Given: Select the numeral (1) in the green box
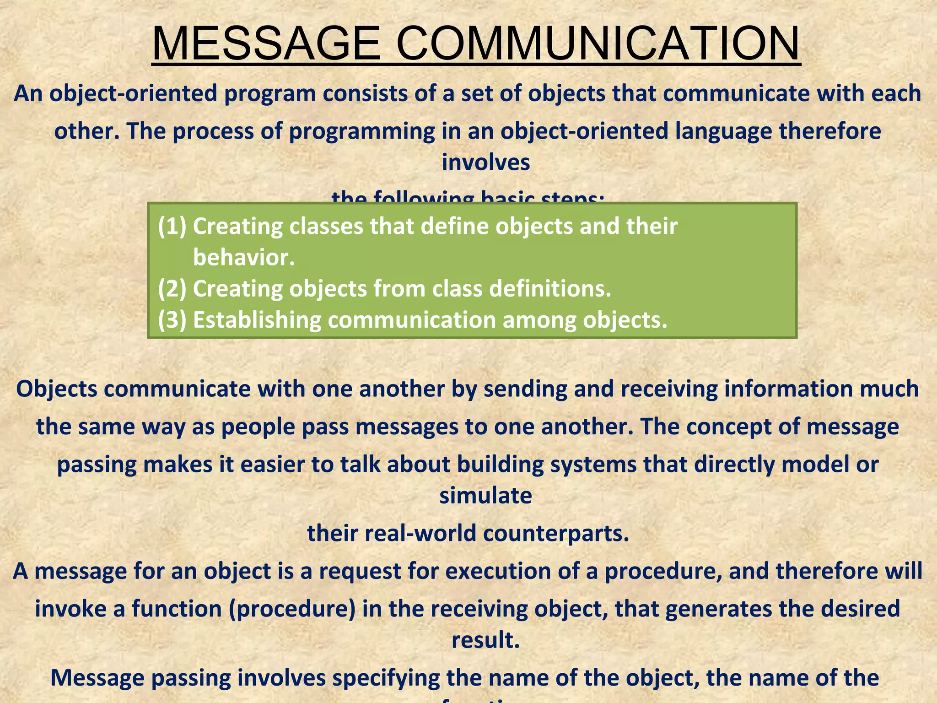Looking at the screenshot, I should [x=172, y=226].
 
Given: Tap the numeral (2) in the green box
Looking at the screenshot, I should [x=172, y=289].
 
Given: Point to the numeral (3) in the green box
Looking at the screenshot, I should [x=172, y=320].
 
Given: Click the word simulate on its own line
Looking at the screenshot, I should [x=485, y=495].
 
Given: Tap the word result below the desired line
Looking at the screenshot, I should [x=485, y=640].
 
